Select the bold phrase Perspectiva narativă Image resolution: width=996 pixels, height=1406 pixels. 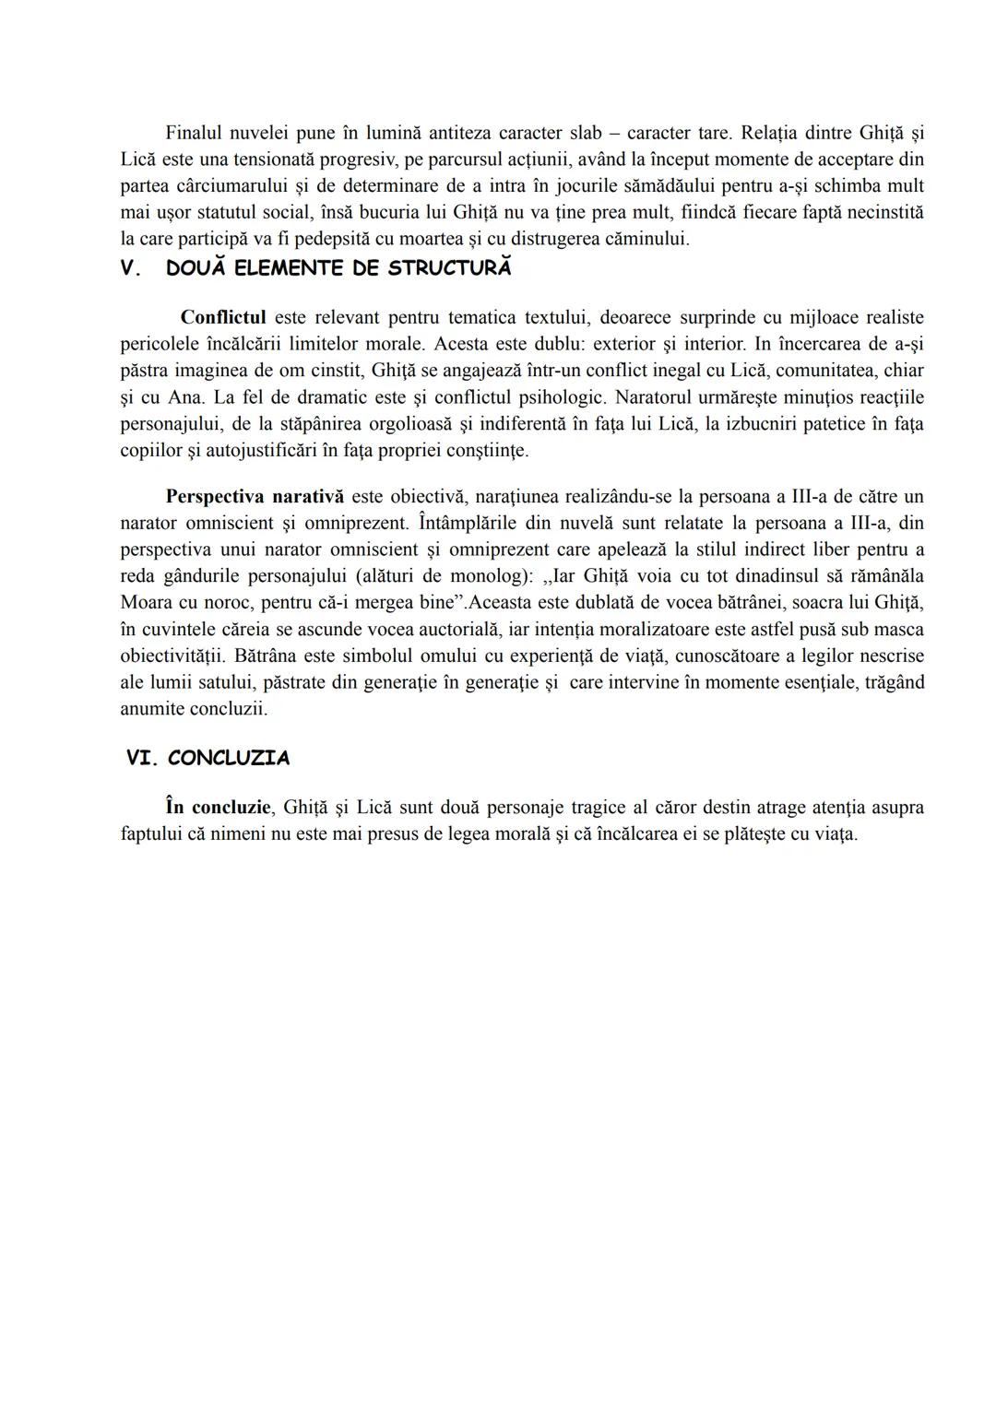pos(255,497)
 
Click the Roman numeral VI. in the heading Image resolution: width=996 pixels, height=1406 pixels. pos(143,759)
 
